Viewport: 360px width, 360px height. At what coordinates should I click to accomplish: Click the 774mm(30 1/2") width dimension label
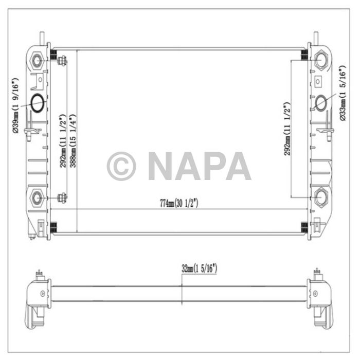tap(179, 203)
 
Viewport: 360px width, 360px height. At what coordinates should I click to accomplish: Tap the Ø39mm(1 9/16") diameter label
tap(16, 106)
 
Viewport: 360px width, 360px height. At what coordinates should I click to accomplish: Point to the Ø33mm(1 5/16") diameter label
tap(343, 95)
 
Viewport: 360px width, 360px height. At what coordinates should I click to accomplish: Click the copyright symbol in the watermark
tap(121, 166)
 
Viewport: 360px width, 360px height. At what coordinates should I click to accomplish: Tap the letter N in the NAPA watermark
tap(160, 166)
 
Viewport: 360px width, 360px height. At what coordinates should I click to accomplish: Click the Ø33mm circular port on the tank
tap(320, 102)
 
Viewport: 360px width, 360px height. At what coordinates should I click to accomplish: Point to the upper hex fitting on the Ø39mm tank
tap(38, 60)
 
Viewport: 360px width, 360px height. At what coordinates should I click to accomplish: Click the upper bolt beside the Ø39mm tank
tap(62, 61)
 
